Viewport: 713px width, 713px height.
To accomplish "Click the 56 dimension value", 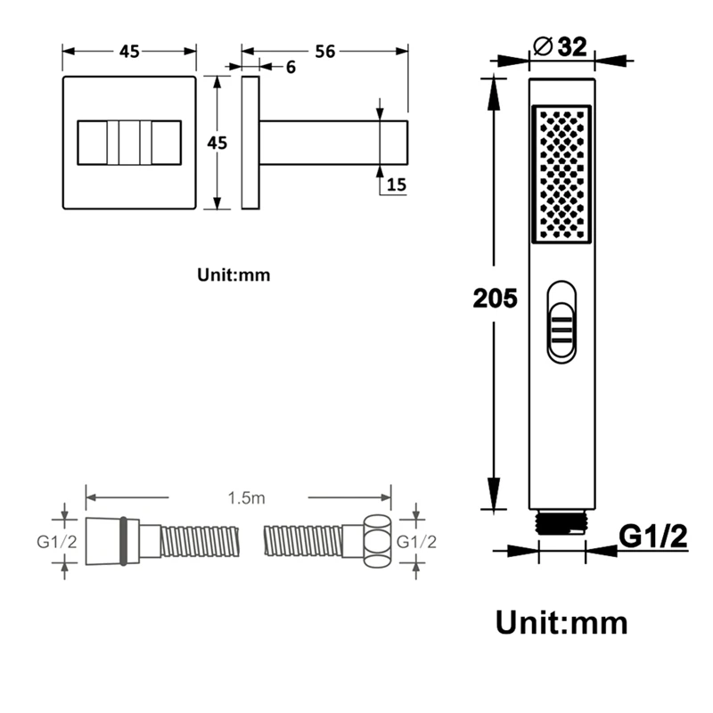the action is point(325,52).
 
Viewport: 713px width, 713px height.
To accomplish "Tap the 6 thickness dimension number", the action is point(291,68).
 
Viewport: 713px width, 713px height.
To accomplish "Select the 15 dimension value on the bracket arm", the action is point(397,184).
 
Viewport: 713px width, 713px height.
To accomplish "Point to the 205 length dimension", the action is point(496,299).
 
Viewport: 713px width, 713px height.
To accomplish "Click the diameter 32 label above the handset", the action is point(561,46).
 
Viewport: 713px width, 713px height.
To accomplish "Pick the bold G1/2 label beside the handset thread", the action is point(653,537).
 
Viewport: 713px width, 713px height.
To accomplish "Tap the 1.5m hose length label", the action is point(247,498).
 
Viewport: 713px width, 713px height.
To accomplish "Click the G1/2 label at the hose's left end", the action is point(57,542).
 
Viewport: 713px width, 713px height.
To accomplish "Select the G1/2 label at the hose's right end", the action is point(416,542).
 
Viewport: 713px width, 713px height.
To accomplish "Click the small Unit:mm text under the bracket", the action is point(234,275).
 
